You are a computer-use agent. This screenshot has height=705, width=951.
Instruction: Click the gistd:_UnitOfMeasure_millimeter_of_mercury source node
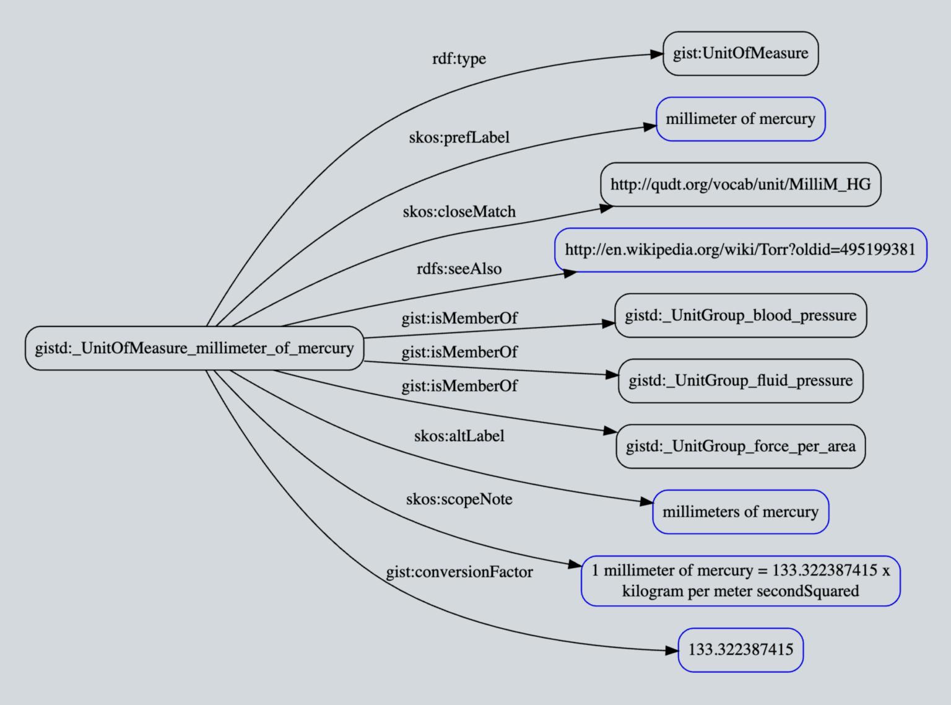(x=194, y=348)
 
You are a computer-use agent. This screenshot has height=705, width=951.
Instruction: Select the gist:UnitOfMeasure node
(x=740, y=53)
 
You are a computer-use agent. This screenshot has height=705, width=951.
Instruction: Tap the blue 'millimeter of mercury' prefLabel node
(x=740, y=119)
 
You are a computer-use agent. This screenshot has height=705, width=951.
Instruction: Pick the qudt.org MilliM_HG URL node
(x=740, y=185)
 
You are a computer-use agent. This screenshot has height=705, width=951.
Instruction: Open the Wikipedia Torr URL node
(x=740, y=250)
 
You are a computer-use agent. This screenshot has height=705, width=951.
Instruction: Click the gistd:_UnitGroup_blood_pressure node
(x=740, y=315)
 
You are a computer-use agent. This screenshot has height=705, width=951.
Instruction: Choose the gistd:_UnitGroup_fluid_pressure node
(x=740, y=380)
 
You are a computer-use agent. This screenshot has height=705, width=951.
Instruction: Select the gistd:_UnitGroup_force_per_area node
(x=740, y=446)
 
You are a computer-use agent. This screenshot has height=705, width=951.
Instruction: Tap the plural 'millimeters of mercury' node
(x=740, y=512)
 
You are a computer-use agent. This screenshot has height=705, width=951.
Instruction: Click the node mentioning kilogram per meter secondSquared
(x=740, y=580)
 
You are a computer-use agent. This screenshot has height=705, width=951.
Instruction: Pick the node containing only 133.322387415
(x=740, y=650)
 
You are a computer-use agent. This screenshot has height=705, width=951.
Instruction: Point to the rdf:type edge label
(x=459, y=59)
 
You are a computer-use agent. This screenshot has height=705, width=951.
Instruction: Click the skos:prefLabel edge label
(x=459, y=138)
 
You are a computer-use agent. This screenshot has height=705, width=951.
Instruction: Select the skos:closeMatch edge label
(x=459, y=212)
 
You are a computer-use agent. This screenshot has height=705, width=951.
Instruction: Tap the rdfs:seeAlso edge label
(x=459, y=269)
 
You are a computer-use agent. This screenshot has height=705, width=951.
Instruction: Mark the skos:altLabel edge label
(x=459, y=436)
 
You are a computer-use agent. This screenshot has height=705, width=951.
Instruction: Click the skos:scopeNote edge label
(x=459, y=499)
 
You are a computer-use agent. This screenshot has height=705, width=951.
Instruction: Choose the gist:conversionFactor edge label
(x=459, y=572)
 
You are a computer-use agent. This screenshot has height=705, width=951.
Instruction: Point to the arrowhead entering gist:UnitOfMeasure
(x=656, y=55)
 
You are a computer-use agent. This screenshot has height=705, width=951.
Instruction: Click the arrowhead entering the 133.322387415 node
(x=671, y=650)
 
